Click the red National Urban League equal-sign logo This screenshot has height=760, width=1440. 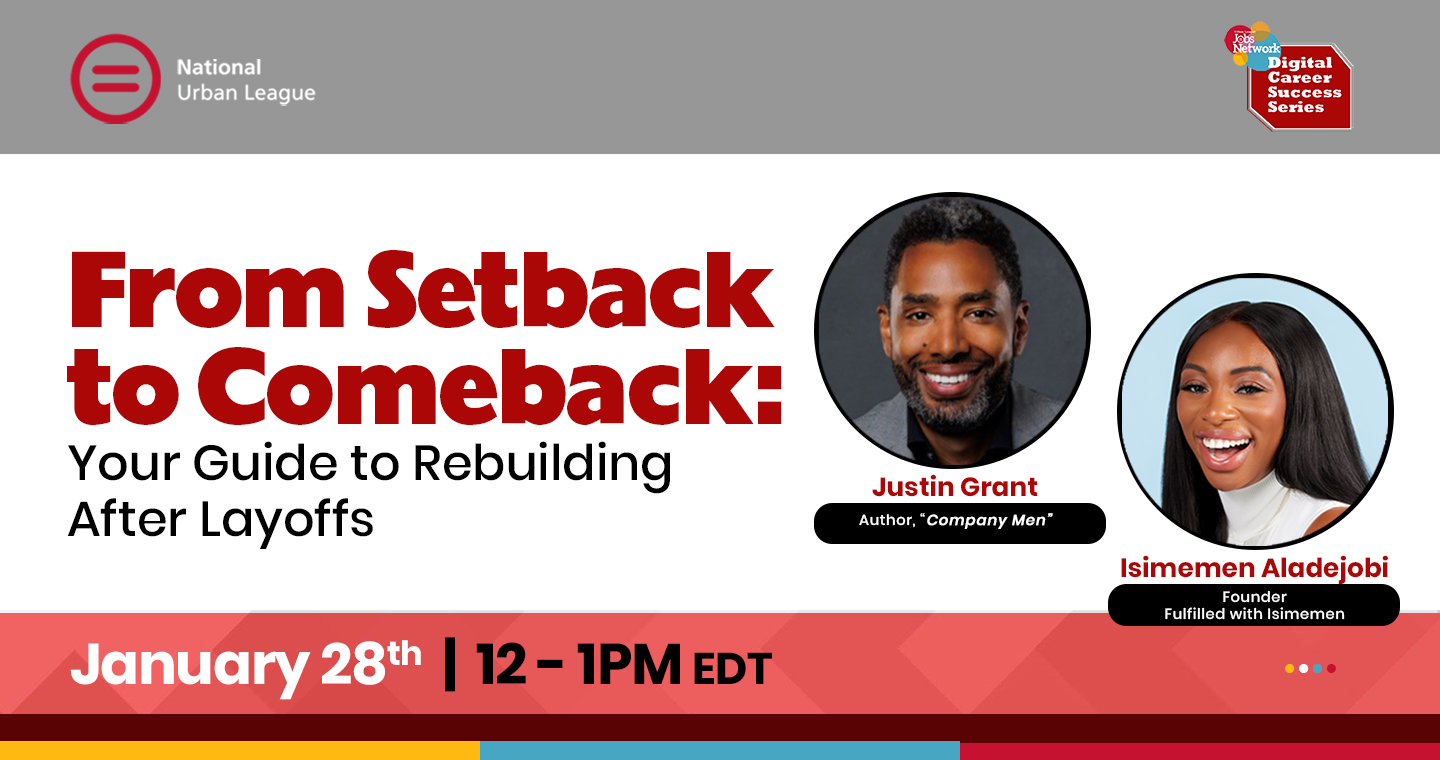coord(115,78)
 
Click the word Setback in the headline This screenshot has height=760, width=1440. coord(570,290)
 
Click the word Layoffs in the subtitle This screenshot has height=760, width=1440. coord(287,521)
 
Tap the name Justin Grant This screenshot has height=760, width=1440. coord(955,487)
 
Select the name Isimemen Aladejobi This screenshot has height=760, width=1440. coord(1254,568)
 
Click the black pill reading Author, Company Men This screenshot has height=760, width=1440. coord(960,523)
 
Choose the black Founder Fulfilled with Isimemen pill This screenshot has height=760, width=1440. coord(1254,605)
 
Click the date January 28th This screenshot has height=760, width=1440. coord(246,665)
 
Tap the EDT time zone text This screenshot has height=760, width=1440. coord(732,669)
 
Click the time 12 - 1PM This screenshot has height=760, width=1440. coord(578,665)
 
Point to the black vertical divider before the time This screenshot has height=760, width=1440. coord(450,664)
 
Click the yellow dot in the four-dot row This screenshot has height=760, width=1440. coord(1290,669)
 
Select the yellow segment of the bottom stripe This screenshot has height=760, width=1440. coord(240,750)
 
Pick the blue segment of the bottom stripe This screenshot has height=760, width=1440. coord(720,750)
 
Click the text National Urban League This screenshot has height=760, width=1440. coord(246,80)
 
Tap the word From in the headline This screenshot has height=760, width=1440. coord(206,290)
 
